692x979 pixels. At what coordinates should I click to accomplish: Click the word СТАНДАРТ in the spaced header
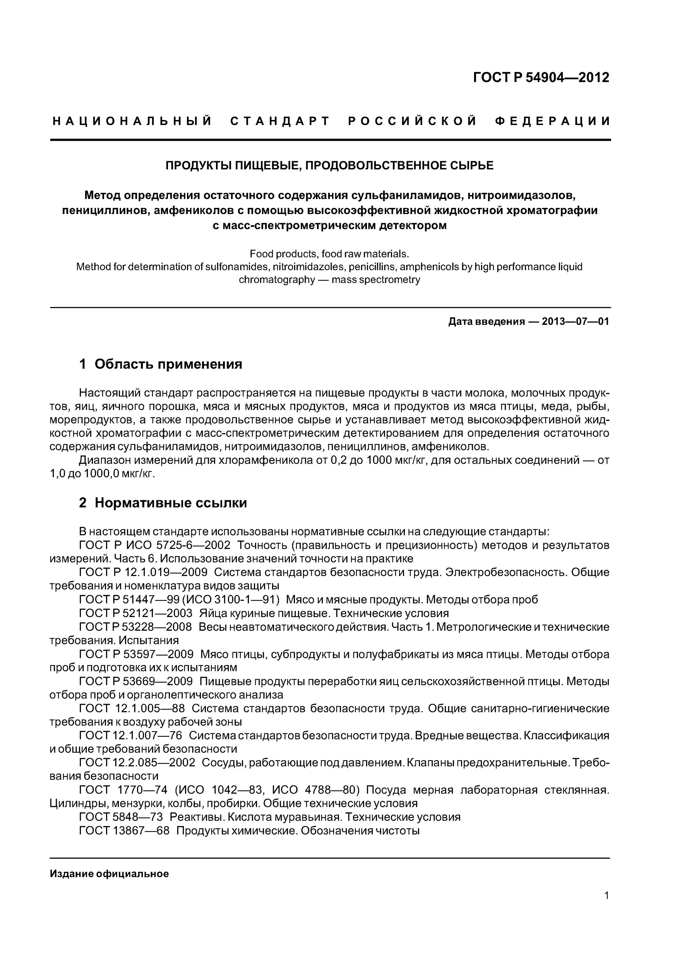280,121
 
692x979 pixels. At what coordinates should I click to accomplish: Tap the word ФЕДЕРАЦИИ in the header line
553,121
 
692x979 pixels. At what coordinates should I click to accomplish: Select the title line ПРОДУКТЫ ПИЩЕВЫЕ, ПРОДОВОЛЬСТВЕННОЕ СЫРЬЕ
329,165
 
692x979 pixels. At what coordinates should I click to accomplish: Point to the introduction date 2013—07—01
575,321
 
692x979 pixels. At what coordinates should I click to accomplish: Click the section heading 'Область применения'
168,364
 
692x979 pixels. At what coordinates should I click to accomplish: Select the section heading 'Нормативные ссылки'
171,503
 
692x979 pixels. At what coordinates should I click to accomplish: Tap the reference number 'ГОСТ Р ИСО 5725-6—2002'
155,545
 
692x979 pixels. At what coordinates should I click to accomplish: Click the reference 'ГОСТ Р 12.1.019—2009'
143,572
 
